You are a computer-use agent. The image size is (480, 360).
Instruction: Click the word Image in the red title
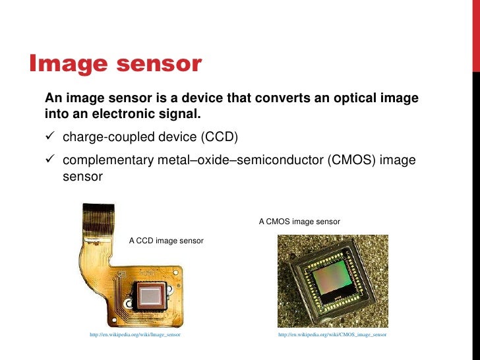(66, 64)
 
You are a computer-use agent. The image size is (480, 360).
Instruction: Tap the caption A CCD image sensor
(166, 241)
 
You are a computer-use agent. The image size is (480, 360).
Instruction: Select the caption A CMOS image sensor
(299, 222)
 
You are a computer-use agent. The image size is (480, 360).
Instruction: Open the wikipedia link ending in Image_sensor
(135, 335)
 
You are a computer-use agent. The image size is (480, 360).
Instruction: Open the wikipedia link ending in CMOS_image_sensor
(332, 335)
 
